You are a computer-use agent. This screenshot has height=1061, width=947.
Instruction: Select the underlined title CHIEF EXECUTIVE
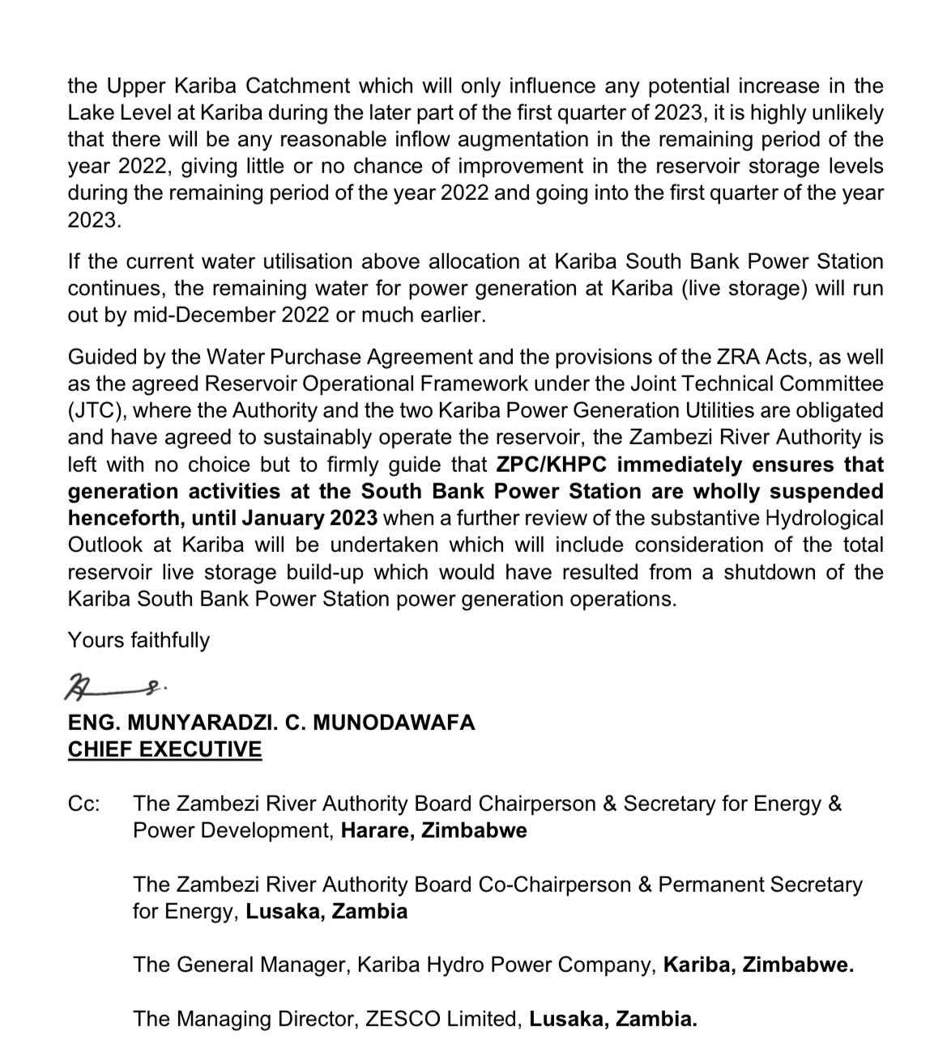pyautogui.click(x=164, y=749)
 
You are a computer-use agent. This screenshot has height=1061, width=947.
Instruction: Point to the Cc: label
pyautogui.click(x=84, y=804)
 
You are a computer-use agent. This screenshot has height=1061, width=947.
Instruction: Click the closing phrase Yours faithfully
pyautogui.click(x=139, y=640)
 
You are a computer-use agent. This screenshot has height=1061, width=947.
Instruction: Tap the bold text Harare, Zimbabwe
pyautogui.click(x=434, y=831)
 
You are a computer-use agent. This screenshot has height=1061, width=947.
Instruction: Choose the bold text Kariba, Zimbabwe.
pyautogui.click(x=758, y=965)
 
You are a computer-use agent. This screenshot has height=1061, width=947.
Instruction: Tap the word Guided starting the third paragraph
pyautogui.click(x=100, y=356)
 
